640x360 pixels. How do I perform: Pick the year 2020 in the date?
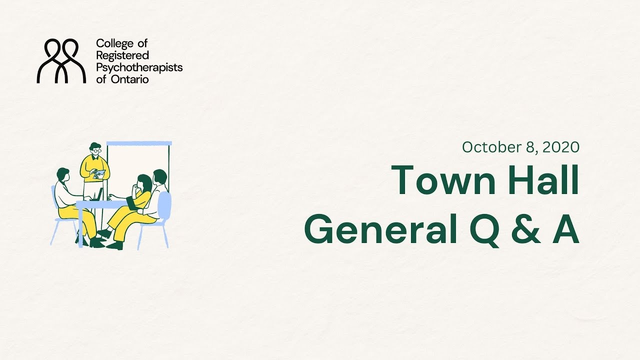pos(560,147)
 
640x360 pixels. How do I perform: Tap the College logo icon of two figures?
pos(61,61)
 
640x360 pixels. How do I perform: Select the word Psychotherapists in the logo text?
pos(139,67)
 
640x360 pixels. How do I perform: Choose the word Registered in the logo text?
pos(122,55)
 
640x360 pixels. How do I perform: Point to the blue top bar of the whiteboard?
pos(139,143)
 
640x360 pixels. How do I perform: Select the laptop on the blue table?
pos(99,194)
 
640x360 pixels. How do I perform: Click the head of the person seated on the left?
pos(62,174)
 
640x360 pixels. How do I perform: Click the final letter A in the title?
pos(565,230)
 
